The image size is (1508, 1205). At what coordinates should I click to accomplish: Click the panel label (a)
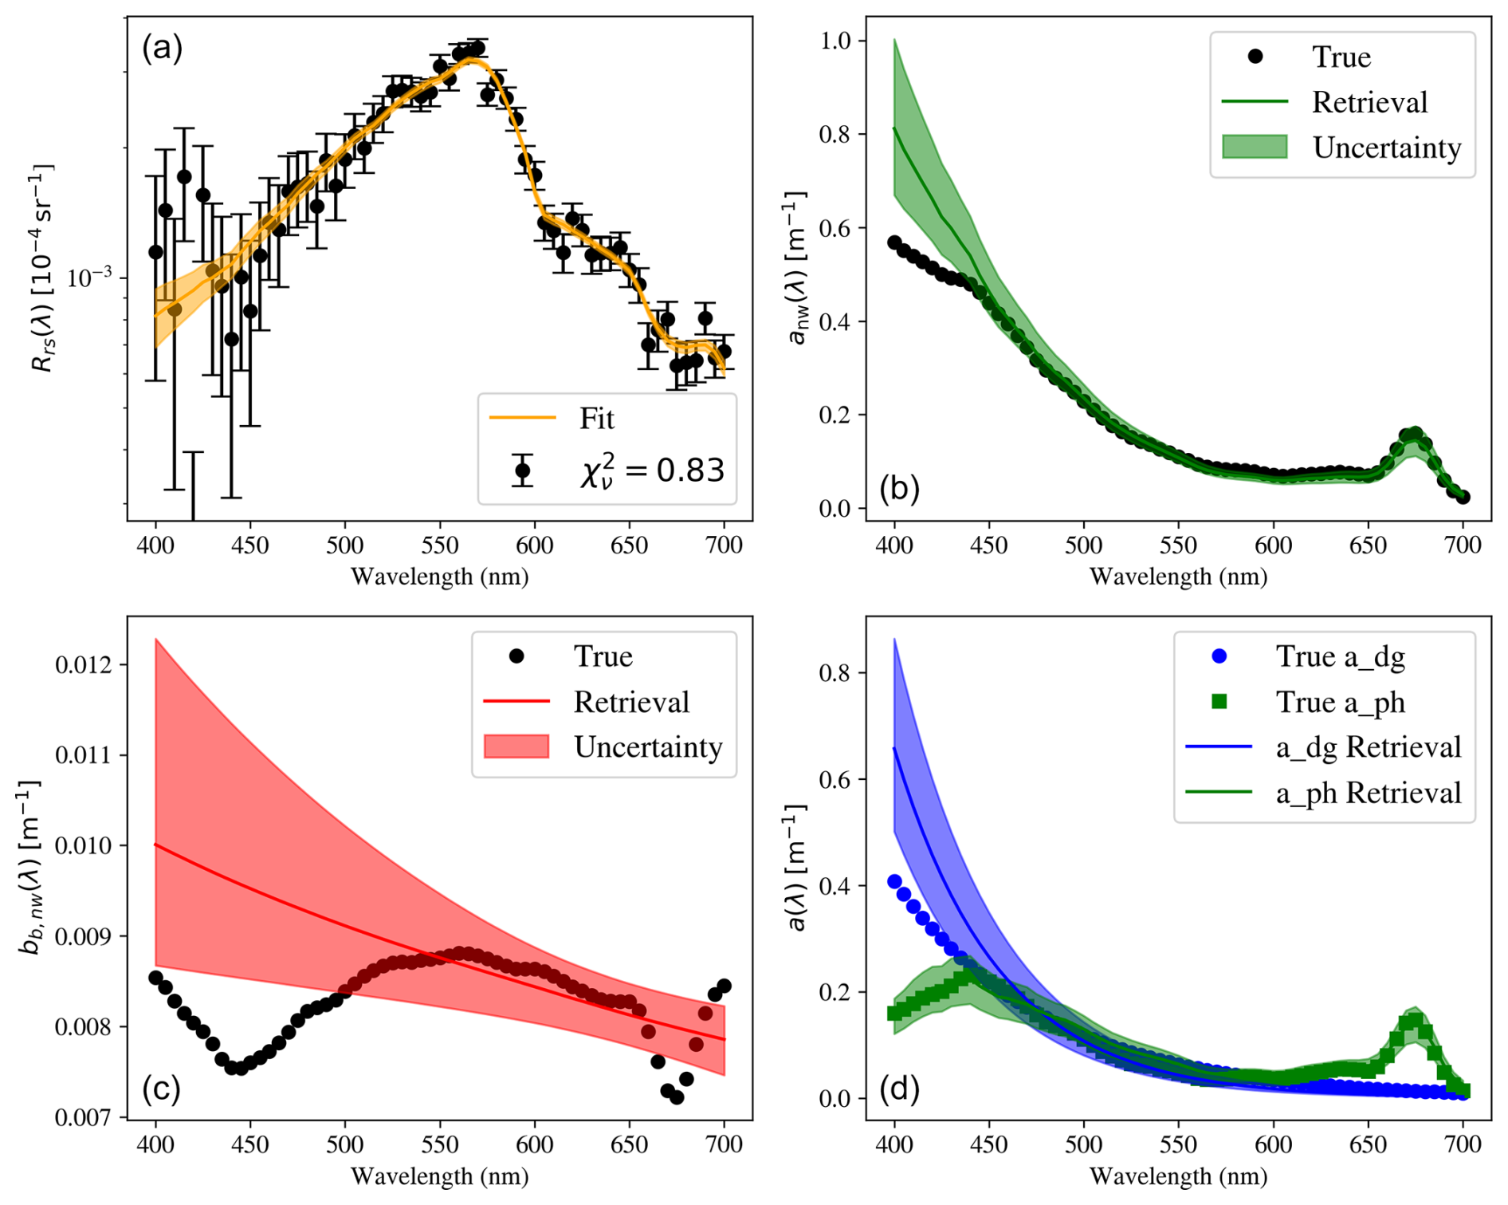[x=162, y=49]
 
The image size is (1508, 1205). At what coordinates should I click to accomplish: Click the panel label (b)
[x=899, y=488]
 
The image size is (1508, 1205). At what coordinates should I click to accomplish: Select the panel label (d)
[x=899, y=1088]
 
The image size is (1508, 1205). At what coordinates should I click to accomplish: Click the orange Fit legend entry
[x=596, y=418]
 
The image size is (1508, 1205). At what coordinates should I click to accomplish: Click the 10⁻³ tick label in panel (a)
[x=90, y=278]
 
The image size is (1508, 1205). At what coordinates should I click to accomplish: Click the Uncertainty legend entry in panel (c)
[x=648, y=747]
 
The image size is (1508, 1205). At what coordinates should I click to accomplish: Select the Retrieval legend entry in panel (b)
[x=1369, y=102]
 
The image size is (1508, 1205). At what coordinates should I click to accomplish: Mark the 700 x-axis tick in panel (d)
[x=1463, y=1145]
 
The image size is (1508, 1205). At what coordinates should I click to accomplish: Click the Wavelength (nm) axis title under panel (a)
[x=439, y=576]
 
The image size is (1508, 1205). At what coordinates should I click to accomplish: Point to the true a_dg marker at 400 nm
[x=894, y=881]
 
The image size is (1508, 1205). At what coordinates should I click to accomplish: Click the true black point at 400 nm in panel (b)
[x=894, y=242]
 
